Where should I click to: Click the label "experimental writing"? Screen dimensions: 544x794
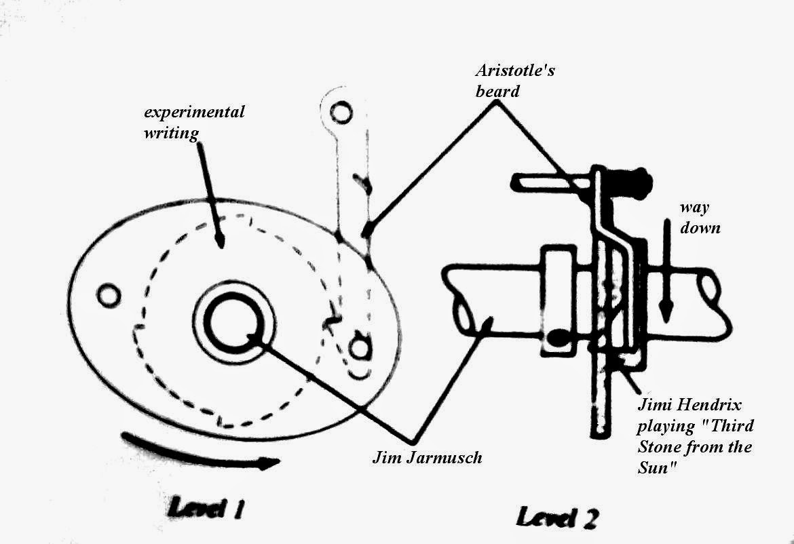tap(193, 121)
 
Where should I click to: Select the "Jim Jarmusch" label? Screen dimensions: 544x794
tap(427, 457)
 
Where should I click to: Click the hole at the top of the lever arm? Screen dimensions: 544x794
tap(341, 109)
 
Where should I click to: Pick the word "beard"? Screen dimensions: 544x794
tap(497, 90)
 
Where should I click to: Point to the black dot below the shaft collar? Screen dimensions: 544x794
tap(557, 337)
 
